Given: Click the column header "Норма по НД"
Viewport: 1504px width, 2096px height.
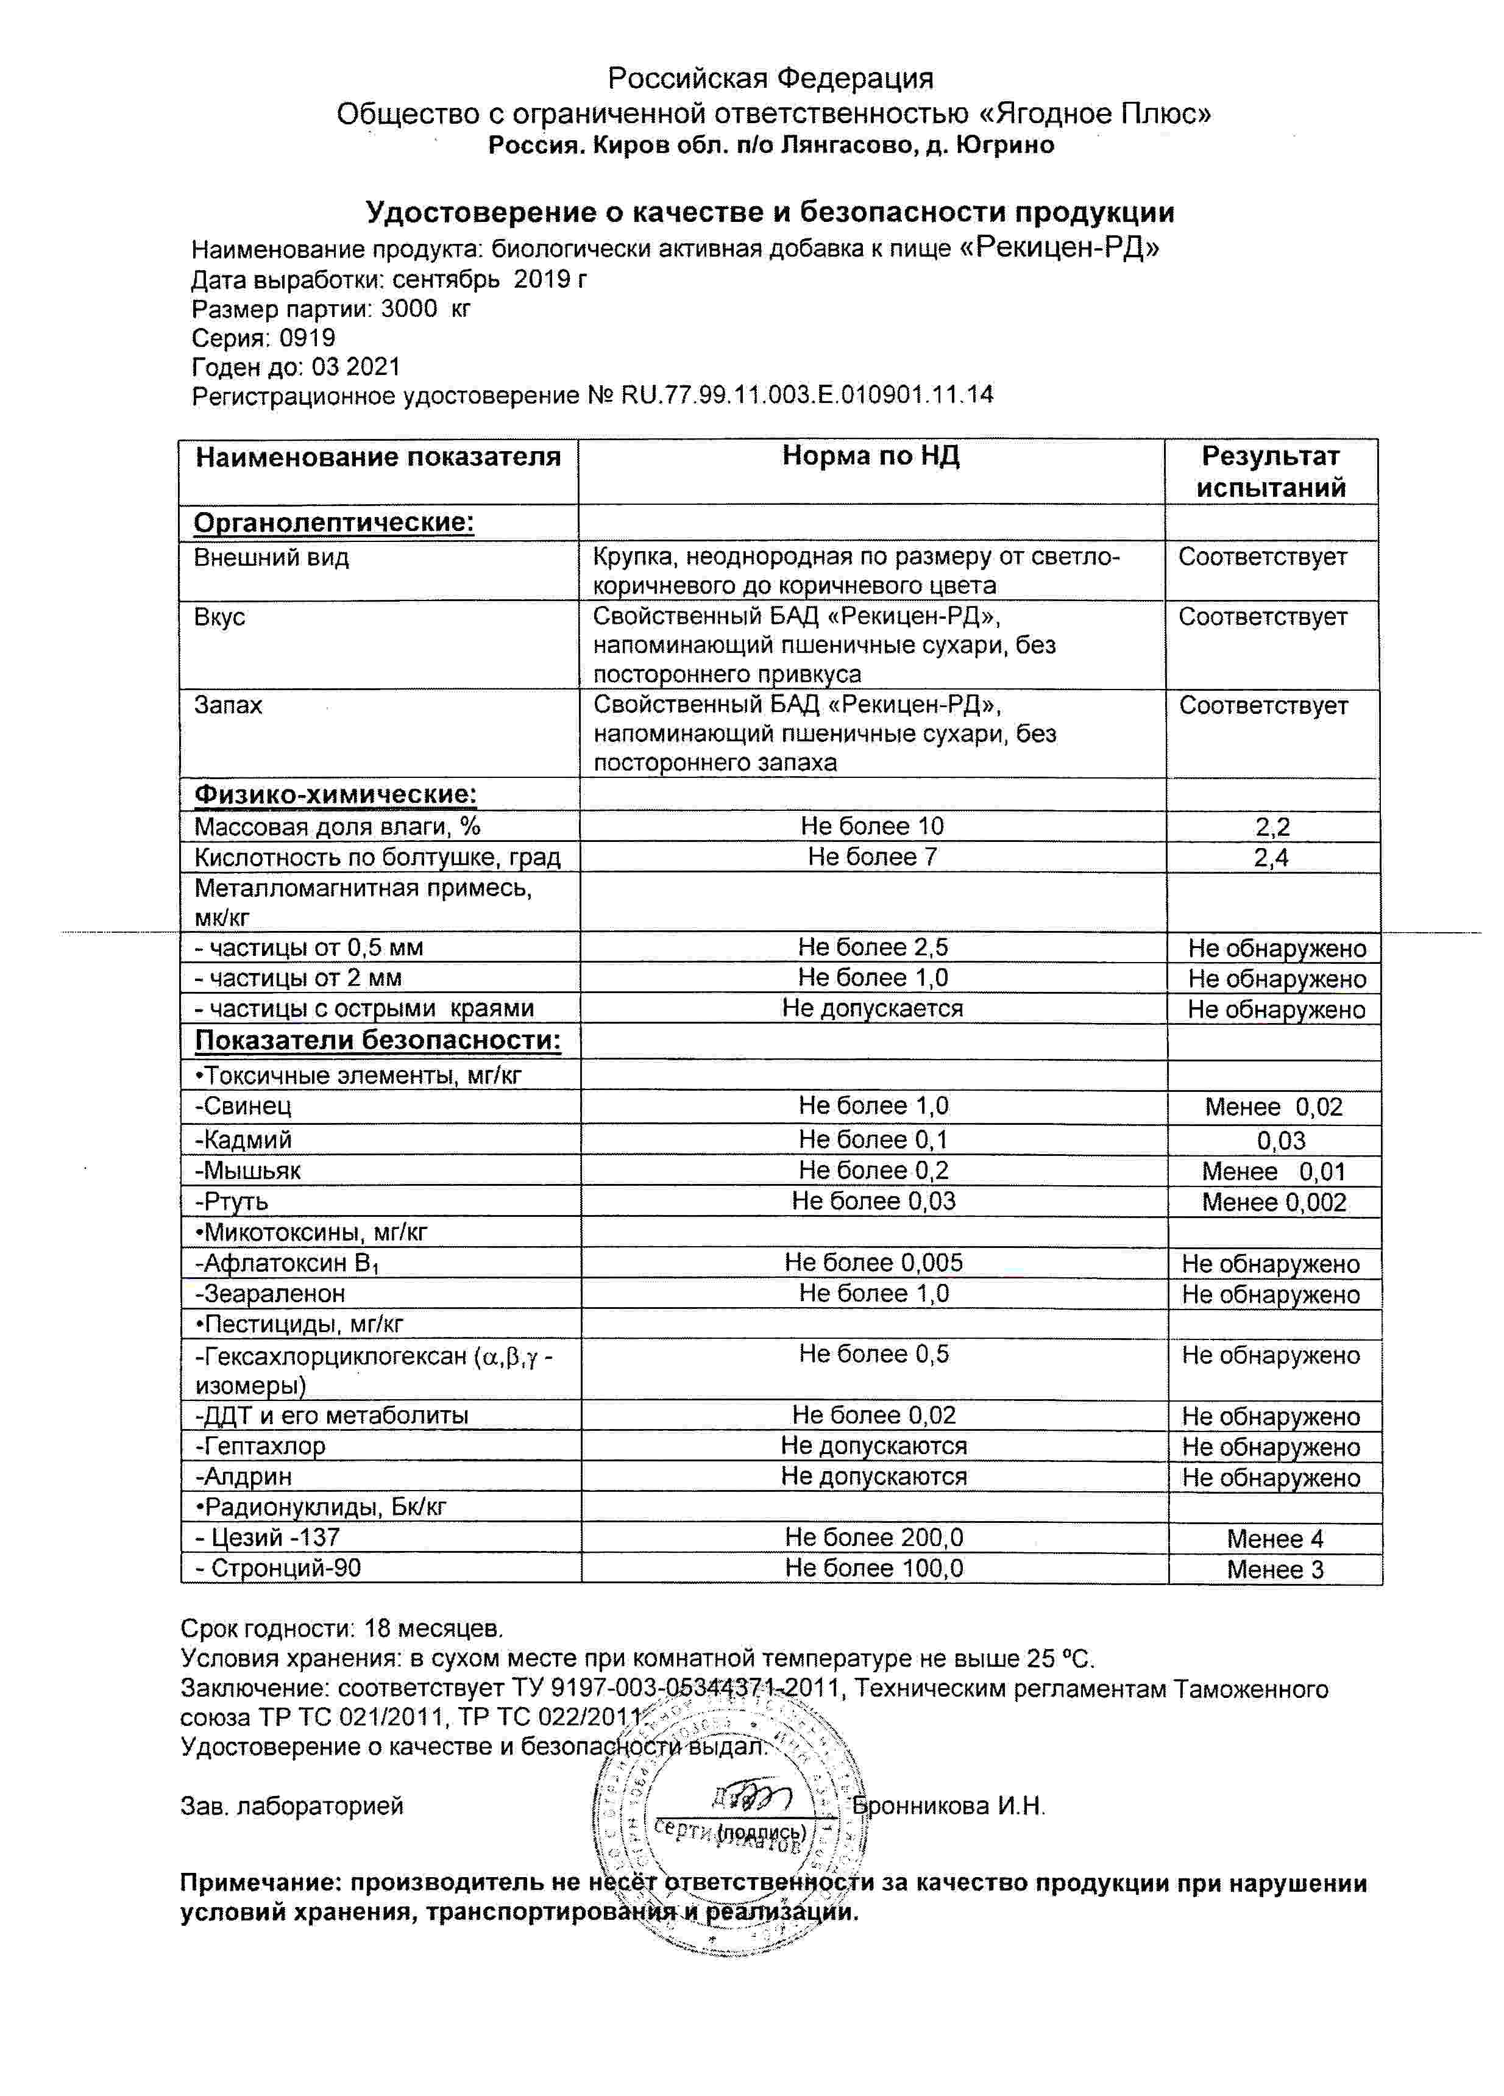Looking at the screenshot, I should coord(870,455).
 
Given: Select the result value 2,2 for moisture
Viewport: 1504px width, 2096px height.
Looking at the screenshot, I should coord(1271,827).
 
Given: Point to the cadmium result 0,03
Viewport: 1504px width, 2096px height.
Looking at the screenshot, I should coord(1280,1141).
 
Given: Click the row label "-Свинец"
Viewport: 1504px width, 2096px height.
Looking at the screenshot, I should coord(243,1106).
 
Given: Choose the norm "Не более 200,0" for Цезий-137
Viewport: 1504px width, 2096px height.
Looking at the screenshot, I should coord(873,1538).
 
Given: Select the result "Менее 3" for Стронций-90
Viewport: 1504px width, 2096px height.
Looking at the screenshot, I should coord(1274,1569).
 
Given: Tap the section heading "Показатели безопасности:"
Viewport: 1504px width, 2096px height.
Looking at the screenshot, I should coord(377,1041).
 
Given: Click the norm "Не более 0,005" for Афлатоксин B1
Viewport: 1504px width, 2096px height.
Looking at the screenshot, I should coord(873,1263).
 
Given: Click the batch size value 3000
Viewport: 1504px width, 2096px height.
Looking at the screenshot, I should coord(408,308).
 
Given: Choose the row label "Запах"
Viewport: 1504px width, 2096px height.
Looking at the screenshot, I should coord(227,705).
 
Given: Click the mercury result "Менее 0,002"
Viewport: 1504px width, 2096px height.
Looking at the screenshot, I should coord(1273,1202).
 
